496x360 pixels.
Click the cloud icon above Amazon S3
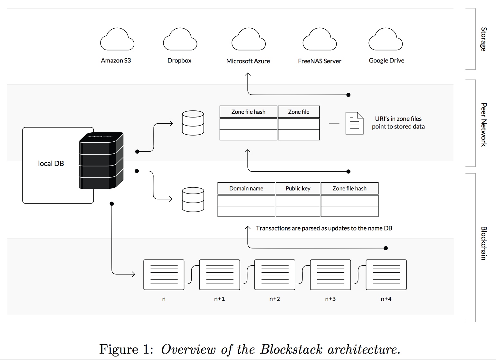(117, 40)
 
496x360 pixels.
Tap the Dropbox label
(179, 61)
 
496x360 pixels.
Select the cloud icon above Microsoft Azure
(249, 40)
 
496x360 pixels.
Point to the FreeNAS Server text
(320, 61)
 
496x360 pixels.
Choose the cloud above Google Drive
(386, 40)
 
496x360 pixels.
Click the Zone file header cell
(299, 112)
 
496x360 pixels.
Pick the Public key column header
(298, 188)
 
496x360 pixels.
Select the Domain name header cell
(246, 188)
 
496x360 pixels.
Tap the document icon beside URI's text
(354, 123)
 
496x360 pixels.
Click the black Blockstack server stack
(101, 160)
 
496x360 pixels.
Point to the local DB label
(51, 164)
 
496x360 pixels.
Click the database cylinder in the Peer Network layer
(193, 123)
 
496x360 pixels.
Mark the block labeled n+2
(275, 275)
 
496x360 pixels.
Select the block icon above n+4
(386, 275)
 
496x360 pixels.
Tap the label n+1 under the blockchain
(220, 299)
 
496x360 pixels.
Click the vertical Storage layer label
(483, 39)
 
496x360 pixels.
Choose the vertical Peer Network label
(483, 125)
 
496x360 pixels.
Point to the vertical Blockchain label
(483, 243)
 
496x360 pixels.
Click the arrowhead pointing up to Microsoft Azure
(248, 74)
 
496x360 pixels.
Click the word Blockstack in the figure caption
(291, 349)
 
